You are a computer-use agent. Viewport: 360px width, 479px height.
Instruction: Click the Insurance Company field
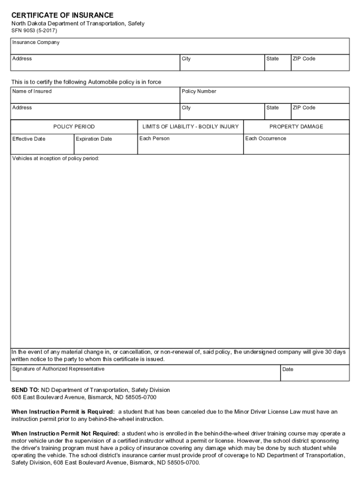click(180, 46)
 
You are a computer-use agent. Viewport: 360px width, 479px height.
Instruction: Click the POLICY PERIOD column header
click(74, 127)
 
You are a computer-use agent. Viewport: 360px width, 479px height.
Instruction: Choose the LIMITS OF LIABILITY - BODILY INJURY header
click(190, 127)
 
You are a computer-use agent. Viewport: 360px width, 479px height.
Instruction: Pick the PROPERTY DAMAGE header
click(296, 127)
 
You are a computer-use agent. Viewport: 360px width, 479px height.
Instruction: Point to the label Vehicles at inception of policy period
click(56, 159)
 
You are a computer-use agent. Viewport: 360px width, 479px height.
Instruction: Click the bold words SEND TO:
click(25, 390)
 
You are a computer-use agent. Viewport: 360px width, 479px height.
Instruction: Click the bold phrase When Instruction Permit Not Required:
click(65, 434)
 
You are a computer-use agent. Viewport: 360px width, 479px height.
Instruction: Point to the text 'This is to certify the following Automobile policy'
click(86, 82)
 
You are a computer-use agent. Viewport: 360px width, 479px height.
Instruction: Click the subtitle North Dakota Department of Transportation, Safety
click(78, 23)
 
